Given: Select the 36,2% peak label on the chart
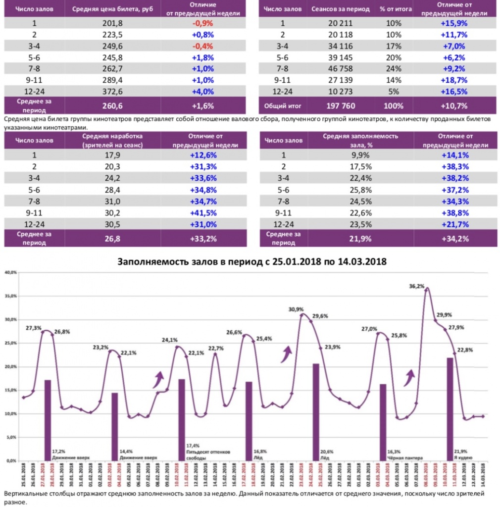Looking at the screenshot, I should [x=417, y=286].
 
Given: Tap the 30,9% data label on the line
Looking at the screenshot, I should [x=297, y=309].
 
